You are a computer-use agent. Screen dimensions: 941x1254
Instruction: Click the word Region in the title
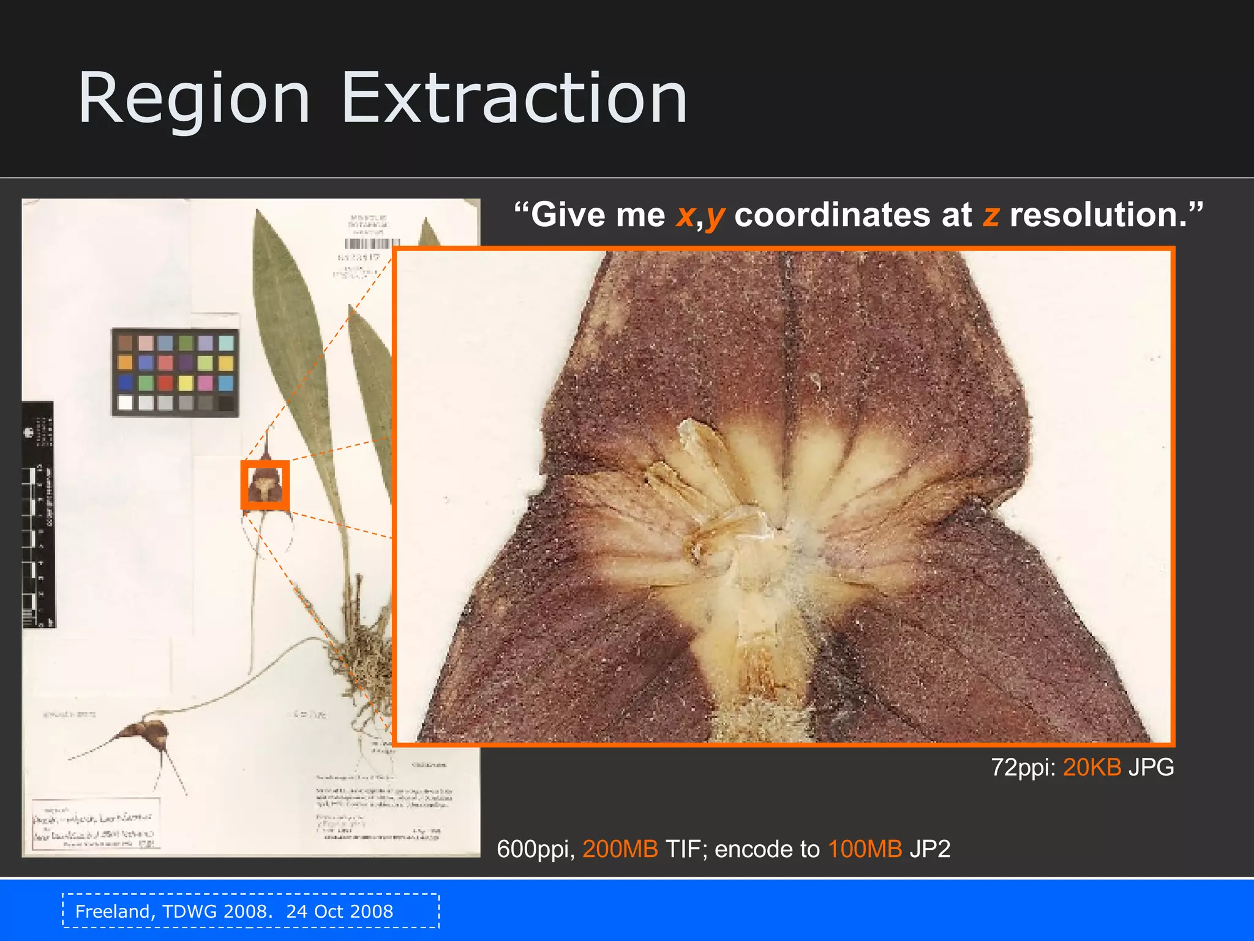pyautogui.click(x=194, y=99)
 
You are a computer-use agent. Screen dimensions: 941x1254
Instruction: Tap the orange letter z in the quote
pyautogui.click(x=991, y=216)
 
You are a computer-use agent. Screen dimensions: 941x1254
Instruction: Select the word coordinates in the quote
pyautogui.click(x=852, y=216)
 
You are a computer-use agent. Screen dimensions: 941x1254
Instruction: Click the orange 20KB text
pyautogui.click(x=1092, y=767)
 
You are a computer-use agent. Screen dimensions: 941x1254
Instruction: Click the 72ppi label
pyautogui.click(x=1023, y=767)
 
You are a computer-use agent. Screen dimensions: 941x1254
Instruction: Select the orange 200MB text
pyautogui.click(x=620, y=849)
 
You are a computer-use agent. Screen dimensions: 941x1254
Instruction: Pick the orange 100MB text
pyautogui.click(x=865, y=849)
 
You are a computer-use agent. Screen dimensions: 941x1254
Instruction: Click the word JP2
pyautogui.click(x=929, y=849)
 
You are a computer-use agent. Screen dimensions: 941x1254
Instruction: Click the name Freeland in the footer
pyautogui.click(x=114, y=912)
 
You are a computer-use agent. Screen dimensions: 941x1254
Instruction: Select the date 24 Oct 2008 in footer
pyautogui.click(x=339, y=912)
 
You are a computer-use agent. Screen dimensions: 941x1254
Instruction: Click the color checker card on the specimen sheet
pyautogui.click(x=175, y=372)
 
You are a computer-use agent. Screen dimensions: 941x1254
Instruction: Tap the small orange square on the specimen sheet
pyautogui.click(x=265, y=485)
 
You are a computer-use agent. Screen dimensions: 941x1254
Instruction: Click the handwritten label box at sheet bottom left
pyautogui.click(x=96, y=824)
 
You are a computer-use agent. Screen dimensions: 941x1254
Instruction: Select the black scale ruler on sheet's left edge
pyautogui.click(x=38, y=515)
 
